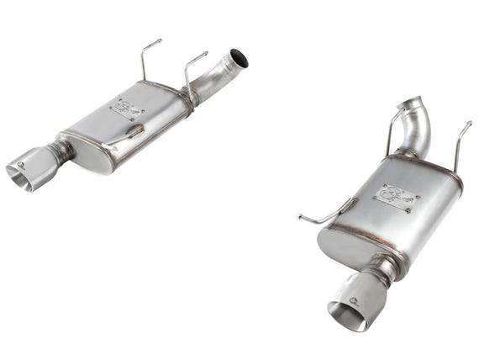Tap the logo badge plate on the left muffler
[x=128, y=109]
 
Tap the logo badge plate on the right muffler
[x=397, y=198]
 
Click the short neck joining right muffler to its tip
[x=385, y=268]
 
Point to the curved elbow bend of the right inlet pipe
[x=424, y=126]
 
